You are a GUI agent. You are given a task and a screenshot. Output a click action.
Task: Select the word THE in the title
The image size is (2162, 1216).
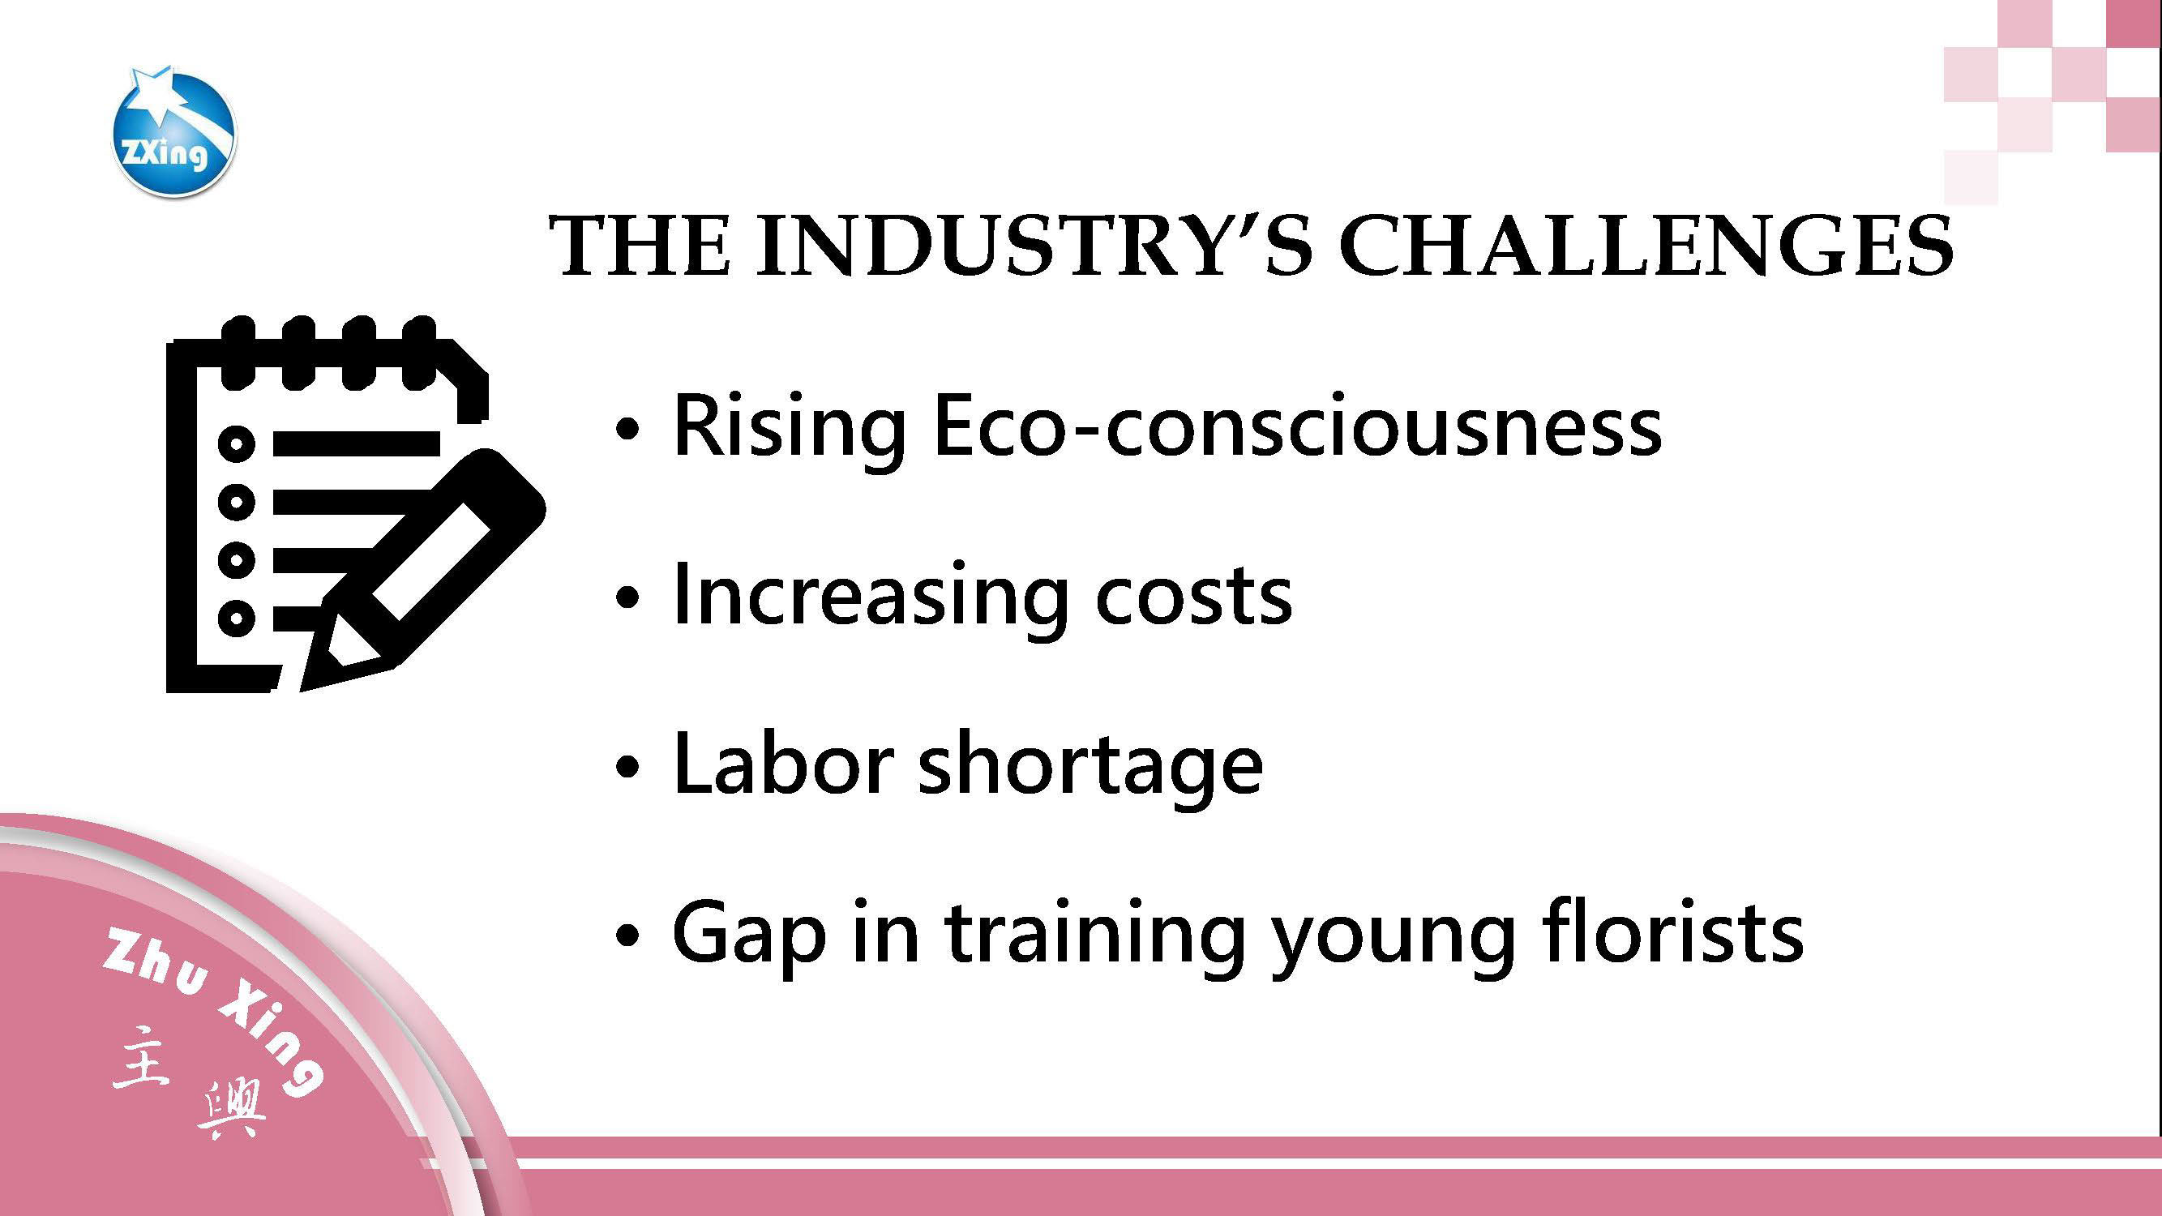[640, 246]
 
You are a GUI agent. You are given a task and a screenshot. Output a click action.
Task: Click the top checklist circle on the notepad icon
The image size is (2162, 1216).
[237, 443]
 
